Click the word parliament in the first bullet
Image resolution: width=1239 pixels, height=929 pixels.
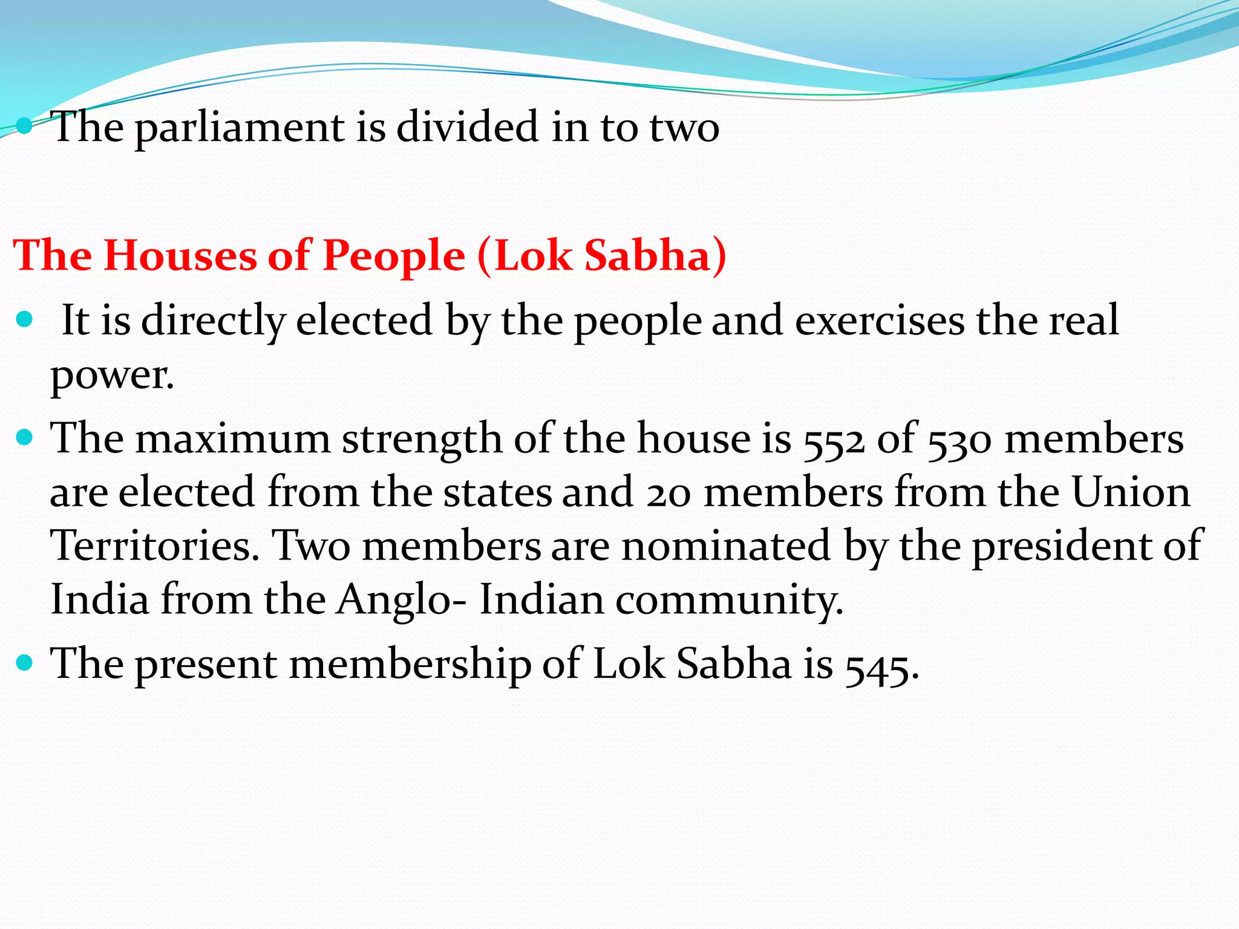tap(240, 128)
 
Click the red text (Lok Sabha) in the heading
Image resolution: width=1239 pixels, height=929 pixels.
tap(602, 255)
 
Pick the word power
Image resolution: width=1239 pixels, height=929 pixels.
tap(112, 376)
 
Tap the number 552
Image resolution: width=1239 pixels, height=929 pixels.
tap(834, 440)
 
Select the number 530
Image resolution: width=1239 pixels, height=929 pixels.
tap(959, 440)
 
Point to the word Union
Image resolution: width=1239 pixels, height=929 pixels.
tap(1131, 492)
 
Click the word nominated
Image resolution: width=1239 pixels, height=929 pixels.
tap(726, 546)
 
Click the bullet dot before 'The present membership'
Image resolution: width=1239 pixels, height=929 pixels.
tap(25, 663)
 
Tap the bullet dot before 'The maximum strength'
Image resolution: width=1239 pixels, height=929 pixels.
tap(25, 437)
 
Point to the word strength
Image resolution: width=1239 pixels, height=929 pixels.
tap(422, 439)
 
